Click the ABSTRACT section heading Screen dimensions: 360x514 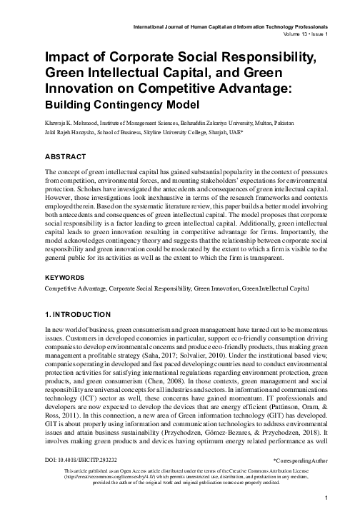(66, 155)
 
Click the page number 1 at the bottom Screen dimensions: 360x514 (326, 498)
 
